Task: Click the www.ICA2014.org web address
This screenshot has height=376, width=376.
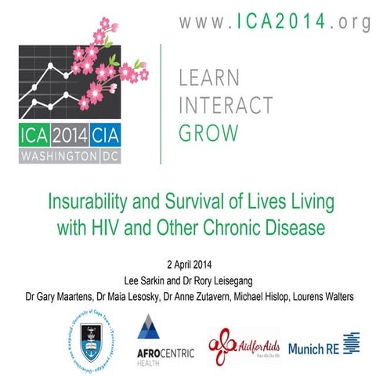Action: click(275, 23)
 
